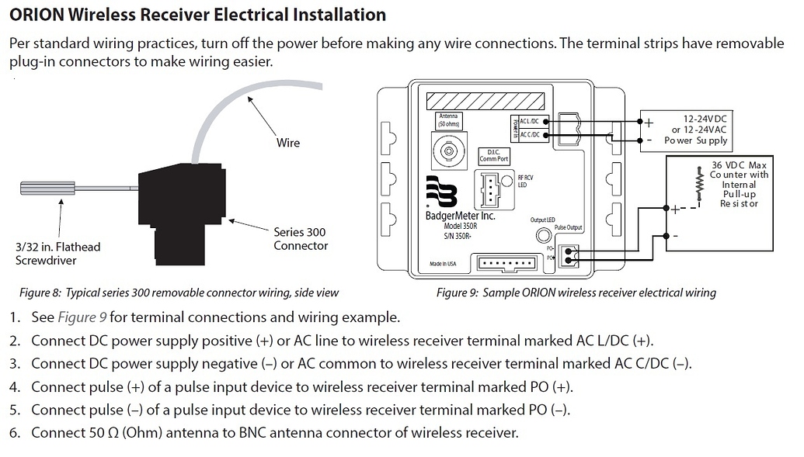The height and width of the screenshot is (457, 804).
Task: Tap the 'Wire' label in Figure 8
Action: pyautogui.click(x=287, y=143)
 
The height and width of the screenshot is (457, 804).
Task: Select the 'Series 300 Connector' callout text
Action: pyautogui.click(x=301, y=239)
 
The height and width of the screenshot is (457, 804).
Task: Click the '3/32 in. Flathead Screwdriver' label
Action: pyautogui.click(x=58, y=254)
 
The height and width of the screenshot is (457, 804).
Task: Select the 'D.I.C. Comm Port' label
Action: pyautogui.click(x=494, y=156)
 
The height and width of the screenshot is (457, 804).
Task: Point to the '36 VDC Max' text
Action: pyautogui.click(x=739, y=164)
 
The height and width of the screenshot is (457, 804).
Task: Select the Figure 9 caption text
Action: pyautogui.click(x=576, y=293)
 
